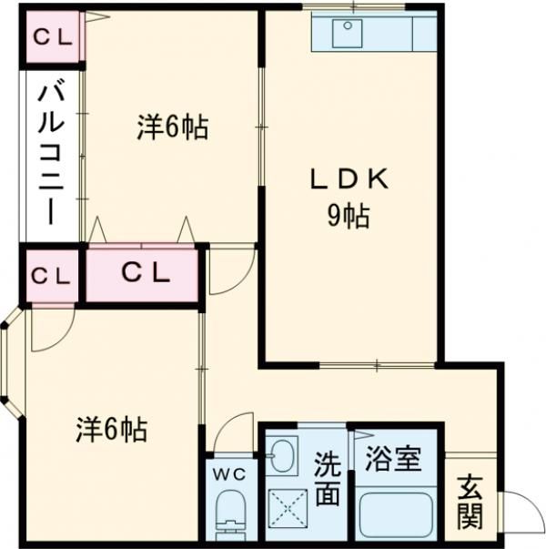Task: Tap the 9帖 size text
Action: pos(349,216)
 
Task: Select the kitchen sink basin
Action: pos(348,34)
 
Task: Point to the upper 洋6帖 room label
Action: pos(173,127)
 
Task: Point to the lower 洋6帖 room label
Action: pos(112,429)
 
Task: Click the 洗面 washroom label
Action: pos(328,479)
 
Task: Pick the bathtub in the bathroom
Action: pos(399,515)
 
